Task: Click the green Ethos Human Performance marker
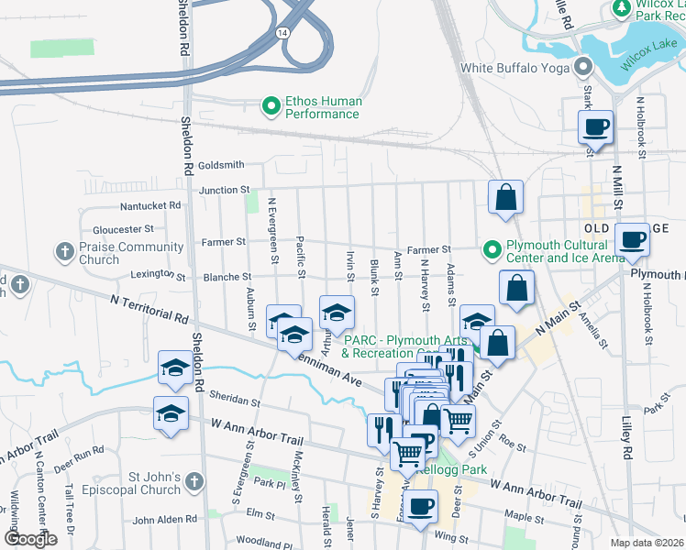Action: click(271, 107)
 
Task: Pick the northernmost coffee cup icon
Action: click(595, 128)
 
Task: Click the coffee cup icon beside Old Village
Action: click(632, 240)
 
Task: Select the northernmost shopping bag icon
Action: click(505, 197)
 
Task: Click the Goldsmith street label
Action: click(221, 165)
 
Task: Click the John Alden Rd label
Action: click(165, 520)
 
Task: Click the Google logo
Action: click(30, 539)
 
